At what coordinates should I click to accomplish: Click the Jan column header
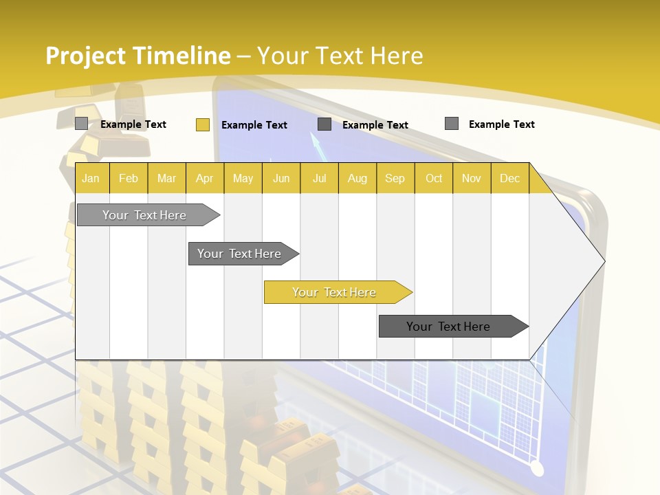91,178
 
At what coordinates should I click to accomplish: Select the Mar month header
166,178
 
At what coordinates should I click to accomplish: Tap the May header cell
243,178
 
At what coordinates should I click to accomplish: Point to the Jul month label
319,178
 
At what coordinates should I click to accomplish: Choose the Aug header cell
357,178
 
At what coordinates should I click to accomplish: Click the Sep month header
395,178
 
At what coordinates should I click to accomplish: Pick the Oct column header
434,178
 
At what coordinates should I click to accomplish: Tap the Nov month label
471,178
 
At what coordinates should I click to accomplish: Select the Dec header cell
509,178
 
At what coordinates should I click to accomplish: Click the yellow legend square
203,124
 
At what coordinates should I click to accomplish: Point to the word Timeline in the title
184,55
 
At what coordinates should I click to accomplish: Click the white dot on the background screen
537,469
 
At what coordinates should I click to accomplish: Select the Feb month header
129,178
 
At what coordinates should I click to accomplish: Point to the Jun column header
281,178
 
